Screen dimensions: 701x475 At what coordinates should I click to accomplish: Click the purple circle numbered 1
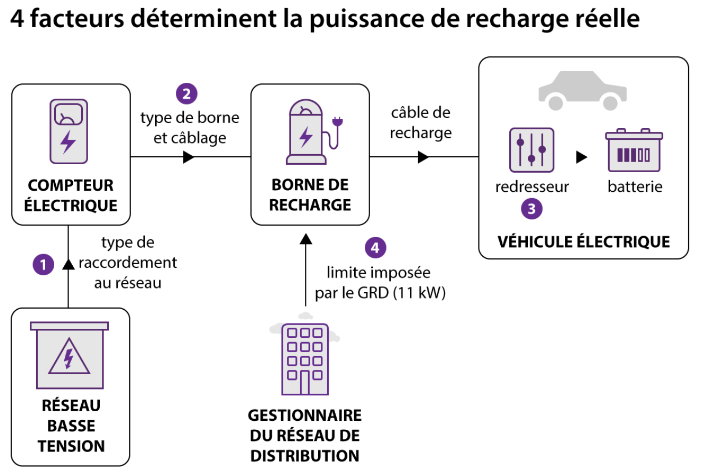click(x=43, y=265)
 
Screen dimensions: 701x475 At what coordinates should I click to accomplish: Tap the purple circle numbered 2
click(x=186, y=94)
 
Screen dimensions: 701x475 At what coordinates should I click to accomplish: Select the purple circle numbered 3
click(x=532, y=209)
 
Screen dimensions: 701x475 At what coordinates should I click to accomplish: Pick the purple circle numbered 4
click(x=375, y=248)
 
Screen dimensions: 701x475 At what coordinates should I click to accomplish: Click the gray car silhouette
click(x=583, y=91)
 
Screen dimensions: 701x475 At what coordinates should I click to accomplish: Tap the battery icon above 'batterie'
click(x=634, y=150)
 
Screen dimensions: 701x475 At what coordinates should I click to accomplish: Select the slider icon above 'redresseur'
click(x=532, y=150)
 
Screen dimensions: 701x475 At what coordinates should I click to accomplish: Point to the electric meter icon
click(x=69, y=131)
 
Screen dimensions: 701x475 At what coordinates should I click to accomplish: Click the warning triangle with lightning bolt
click(x=69, y=357)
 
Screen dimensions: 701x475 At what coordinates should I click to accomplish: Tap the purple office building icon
click(x=305, y=359)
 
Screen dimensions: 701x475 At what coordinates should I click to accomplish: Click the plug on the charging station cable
click(x=337, y=122)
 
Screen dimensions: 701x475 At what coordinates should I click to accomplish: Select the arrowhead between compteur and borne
click(x=189, y=157)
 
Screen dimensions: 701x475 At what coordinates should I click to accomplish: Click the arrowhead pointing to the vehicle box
click(x=423, y=157)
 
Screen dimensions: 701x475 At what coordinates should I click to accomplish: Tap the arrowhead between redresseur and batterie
click(x=582, y=157)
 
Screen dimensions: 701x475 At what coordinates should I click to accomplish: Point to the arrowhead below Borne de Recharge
click(x=306, y=239)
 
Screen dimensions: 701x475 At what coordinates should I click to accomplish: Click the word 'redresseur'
click(x=532, y=186)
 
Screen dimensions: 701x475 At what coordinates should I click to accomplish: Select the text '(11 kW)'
click(x=420, y=293)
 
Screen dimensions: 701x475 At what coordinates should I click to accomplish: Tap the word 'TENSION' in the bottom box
click(x=71, y=446)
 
